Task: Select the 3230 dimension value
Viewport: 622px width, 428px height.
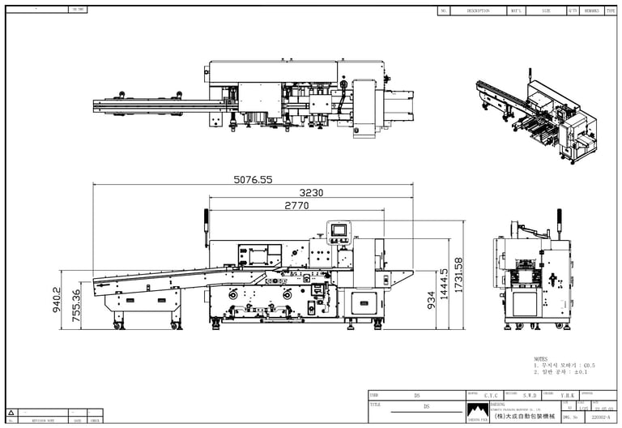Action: pos(312,193)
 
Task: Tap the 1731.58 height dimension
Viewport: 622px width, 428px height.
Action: pos(459,276)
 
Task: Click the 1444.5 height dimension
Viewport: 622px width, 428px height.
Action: pos(444,284)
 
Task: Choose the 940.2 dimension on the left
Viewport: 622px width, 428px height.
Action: pos(58,301)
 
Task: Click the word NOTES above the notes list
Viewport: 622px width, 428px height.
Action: pos(541,359)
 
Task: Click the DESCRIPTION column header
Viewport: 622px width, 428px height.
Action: pos(478,11)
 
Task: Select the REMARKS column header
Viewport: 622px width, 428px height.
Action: pos(592,11)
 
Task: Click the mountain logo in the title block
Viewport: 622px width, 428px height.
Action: pos(478,410)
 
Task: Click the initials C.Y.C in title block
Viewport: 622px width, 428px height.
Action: pos(491,396)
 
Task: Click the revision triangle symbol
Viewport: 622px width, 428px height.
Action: pos(11,413)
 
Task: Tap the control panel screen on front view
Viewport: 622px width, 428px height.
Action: pos(337,230)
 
